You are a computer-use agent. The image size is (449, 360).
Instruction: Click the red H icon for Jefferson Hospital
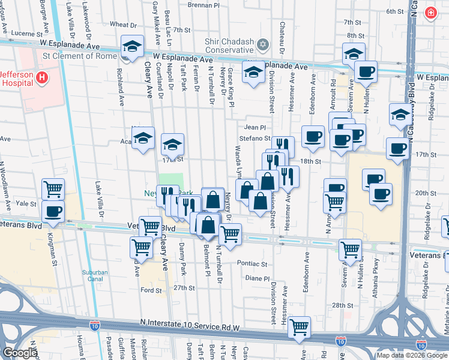point(41,77)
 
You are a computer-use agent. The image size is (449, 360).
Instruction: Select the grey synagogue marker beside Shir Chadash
point(262,45)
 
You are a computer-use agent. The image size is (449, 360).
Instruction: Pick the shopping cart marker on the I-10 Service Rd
point(299,327)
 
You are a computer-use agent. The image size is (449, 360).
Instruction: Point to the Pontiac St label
point(252,263)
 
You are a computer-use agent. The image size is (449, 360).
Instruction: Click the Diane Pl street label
point(258,278)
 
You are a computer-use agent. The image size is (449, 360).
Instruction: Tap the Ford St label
point(148,290)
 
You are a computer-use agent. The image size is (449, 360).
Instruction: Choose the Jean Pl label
point(255,127)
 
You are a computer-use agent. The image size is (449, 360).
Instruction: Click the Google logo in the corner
point(20,353)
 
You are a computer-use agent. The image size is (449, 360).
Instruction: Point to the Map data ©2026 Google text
point(412,355)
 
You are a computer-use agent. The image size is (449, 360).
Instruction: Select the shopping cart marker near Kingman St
point(53,189)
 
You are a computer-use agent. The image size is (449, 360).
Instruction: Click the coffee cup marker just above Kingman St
point(53,211)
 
